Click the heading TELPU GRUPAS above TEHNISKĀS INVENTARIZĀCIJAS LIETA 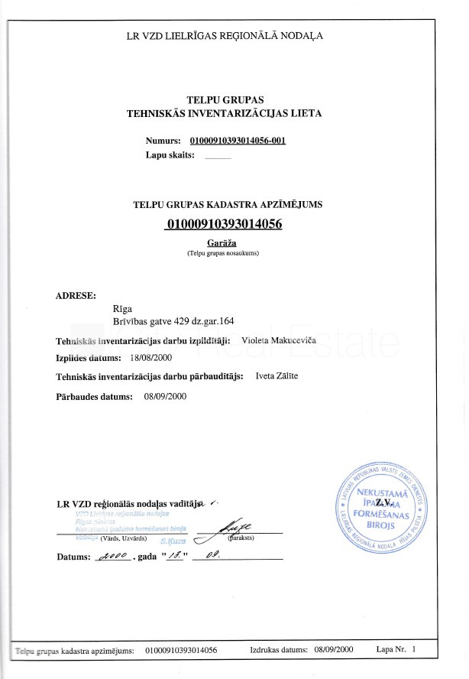225,99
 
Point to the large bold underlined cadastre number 224,224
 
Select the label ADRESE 76,295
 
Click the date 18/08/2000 151,357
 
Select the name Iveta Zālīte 277,376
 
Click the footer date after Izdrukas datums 333,650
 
